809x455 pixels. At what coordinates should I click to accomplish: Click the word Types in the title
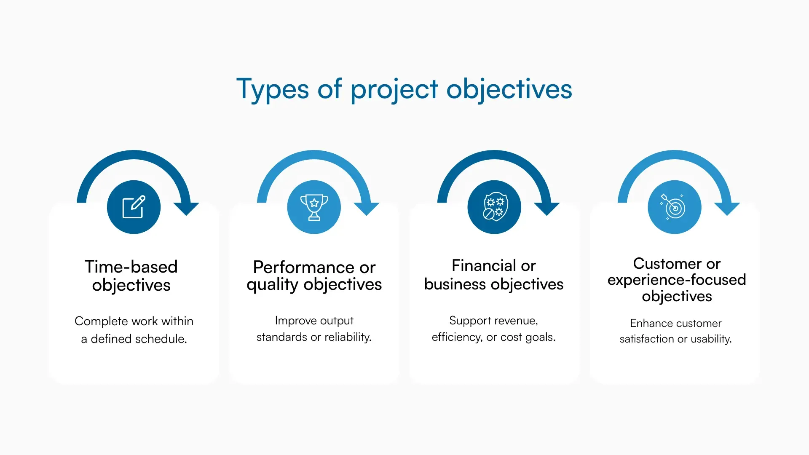click(272, 90)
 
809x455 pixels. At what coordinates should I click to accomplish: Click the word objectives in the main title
click(509, 90)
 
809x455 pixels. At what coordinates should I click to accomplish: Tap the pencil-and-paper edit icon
click(134, 207)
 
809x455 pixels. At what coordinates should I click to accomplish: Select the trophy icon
click(314, 207)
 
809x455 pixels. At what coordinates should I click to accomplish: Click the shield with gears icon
click(494, 207)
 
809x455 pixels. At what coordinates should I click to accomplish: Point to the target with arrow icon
click(674, 207)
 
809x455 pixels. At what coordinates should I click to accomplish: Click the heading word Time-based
click(131, 267)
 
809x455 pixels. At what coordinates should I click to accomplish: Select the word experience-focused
click(677, 280)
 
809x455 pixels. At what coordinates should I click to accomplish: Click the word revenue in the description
click(517, 321)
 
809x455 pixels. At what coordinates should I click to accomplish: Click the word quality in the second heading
click(272, 285)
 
